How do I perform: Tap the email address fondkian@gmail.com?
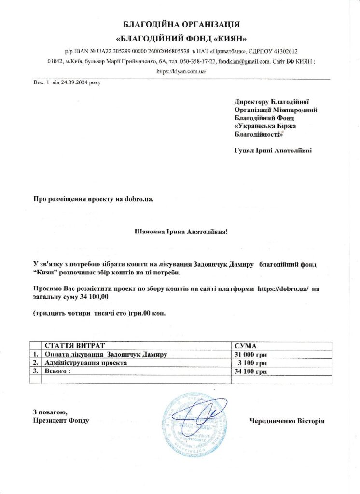coord(244,61)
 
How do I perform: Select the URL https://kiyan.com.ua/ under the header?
coord(181,71)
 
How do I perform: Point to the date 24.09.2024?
coord(77,82)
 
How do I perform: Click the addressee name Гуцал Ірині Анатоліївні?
coord(273,151)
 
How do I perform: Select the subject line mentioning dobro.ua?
coord(93,199)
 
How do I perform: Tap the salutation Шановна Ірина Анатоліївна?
coord(180,232)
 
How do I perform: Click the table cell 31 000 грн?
coord(250,355)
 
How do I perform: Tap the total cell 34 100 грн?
coord(250,371)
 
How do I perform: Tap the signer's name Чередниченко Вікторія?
coord(287,421)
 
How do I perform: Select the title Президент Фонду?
coord(61,421)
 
